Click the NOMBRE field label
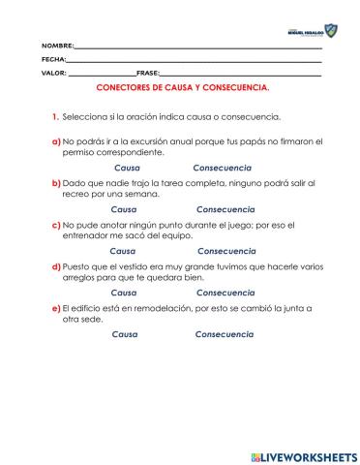(x=57, y=46)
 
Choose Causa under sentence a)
(x=127, y=168)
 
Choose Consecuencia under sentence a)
(x=222, y=168)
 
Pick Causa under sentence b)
(x=124, y=209)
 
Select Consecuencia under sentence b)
(x=225, y=209)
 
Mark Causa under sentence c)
(x=123, y=250)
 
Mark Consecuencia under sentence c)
(x=225, y=250)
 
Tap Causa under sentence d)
(x=124, y=292)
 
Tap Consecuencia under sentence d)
(x=225, y=292)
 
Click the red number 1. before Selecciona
(x=56, y=117)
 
